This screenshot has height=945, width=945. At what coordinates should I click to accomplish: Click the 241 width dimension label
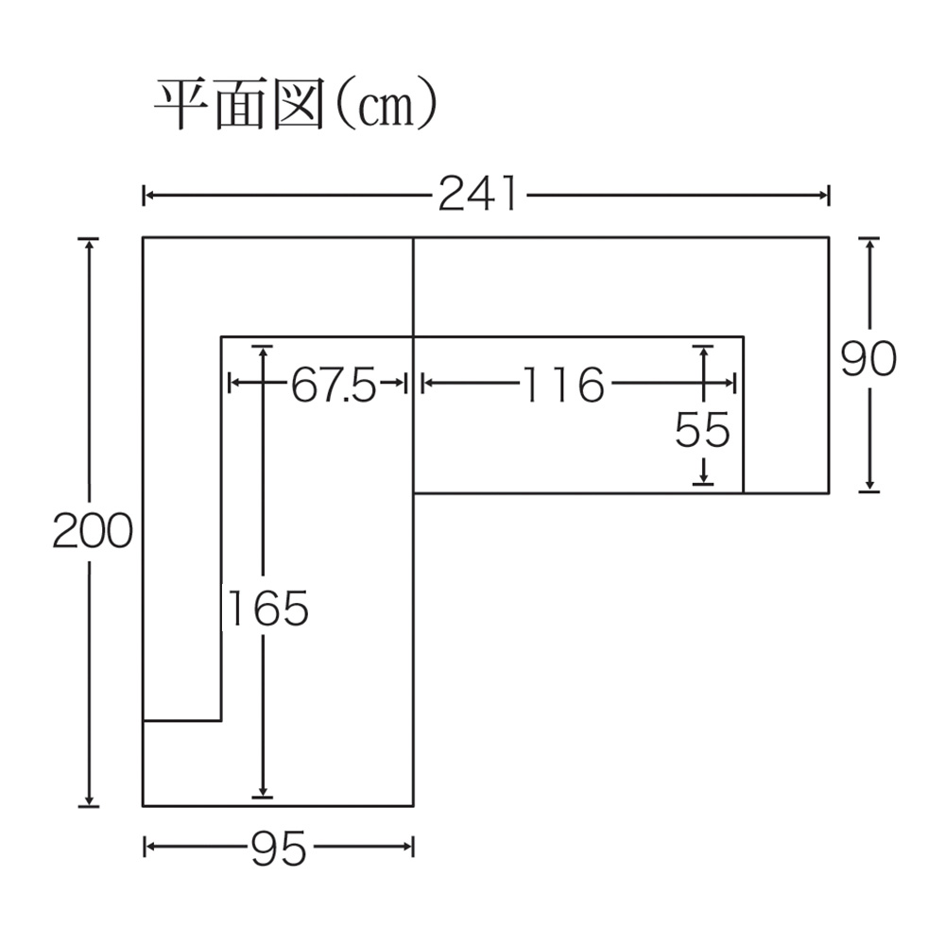pos(478,196)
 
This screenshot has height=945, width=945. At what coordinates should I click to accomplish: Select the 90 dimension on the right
pos(868,359)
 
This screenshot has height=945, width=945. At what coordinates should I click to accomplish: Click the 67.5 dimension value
pos(333,385)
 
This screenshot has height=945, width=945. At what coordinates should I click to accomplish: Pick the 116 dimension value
pos(563,385)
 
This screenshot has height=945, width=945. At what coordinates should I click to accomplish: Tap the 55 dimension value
pos(702,431)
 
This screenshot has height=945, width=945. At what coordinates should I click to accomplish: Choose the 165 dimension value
pos(268,609)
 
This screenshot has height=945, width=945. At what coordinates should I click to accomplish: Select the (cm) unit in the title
pos(383,106)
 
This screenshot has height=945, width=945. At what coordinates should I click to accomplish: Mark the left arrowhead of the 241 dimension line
pos(148,196)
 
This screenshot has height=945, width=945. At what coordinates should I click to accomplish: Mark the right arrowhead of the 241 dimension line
pos(824,196)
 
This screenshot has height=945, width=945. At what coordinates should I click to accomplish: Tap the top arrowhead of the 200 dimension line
pos(89,242)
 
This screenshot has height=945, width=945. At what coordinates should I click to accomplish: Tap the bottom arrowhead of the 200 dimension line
pos(89,800)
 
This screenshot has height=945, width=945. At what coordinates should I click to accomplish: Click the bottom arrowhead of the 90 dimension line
pos(869,486)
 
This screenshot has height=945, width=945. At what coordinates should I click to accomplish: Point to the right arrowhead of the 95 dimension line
pos(409,847)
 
